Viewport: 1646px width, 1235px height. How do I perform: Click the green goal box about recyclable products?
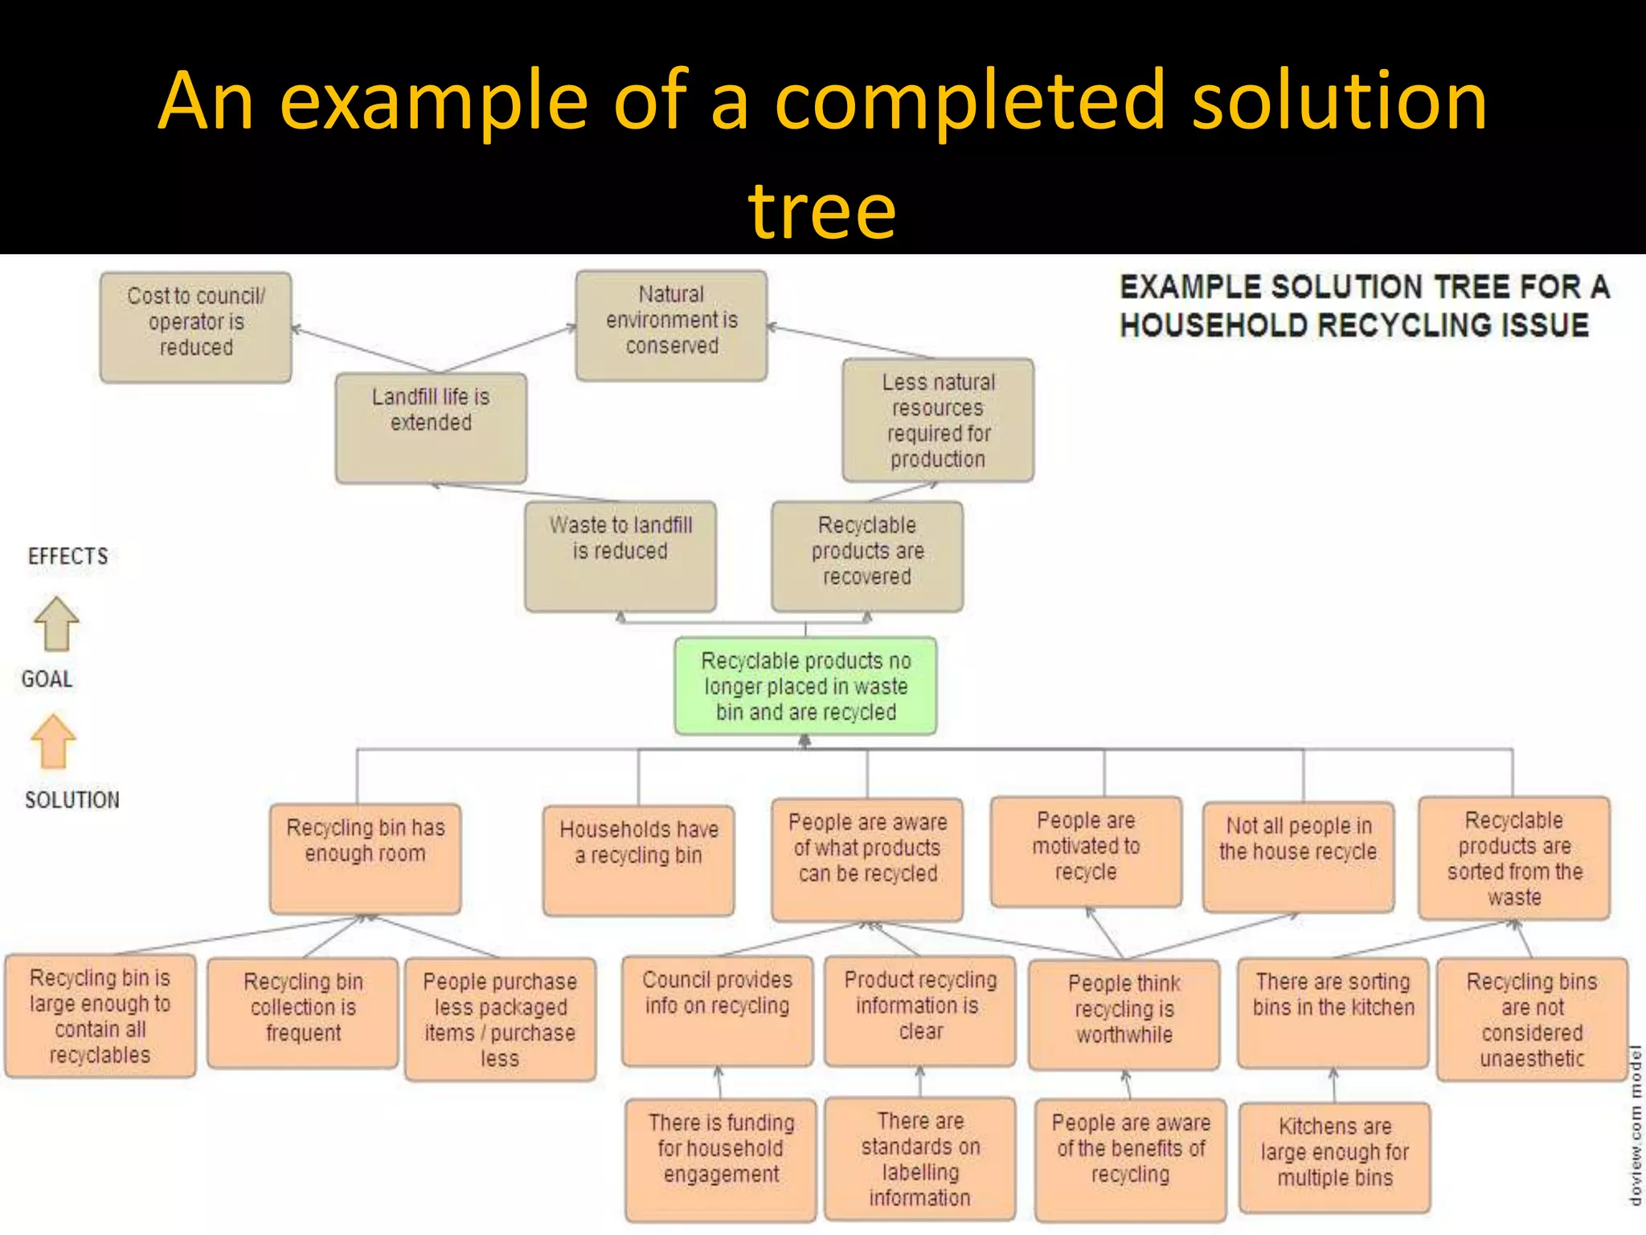pyautogui.click(x=805, y=686)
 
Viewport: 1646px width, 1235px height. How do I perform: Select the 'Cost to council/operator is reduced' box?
pyautogui.click(x=195, y=326)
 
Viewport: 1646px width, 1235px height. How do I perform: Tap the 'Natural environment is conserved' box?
pyautogui.click(x=671, y=325)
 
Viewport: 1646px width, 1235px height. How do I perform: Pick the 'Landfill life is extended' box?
pyautogui.click(x=431, y=427)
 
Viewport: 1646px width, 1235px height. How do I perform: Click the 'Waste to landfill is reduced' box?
pyautogui.click(x=620, y=556)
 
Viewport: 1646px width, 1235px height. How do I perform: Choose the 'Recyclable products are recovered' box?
pyautogui.click(x=866, y=556)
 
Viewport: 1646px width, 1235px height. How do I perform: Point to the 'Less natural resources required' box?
pyautogui.click(x=937, y=421)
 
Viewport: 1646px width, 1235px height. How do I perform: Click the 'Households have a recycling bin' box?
pyautogui.click(x=638, y=860)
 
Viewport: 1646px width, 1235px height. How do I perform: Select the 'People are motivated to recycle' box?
pyautogui.click(x=1086, y=851)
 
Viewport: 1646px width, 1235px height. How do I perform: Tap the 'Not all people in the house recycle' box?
pyautogui.click(x=1298, y=856)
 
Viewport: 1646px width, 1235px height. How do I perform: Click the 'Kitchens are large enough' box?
pyautogui.click(x=1334, y=1157)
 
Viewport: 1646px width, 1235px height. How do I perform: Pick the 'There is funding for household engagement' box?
pyautogui.click(x=721, y=1159)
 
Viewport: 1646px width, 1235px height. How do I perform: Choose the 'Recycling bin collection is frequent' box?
pyautogui.click(x=303, y=1012)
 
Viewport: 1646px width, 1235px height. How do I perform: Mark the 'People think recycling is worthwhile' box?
pyautogui.click(x=1124, y=1014)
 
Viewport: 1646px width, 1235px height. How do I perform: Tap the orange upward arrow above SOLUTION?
pyautogui.click(x=53, y=741)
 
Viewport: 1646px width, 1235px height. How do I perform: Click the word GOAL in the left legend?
pyautogui.click(x=47, y=679)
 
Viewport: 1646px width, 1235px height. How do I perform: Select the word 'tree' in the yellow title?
pyautogui.click(x=821, y=211)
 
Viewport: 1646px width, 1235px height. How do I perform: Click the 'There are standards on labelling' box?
pyautogui.click(x=919, y=1159)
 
